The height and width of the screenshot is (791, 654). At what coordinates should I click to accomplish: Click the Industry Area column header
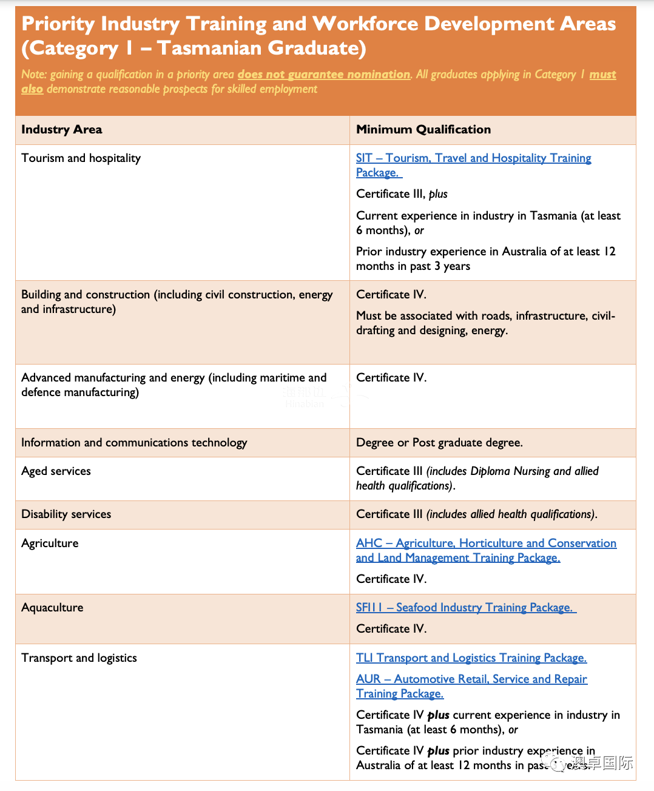click(62, 129)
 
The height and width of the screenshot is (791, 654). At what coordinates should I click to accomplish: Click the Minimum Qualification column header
click(423, 129)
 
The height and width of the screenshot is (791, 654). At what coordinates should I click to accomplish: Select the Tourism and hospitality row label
click(81, 158)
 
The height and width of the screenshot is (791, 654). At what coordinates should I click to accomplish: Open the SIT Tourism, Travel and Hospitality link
click(473, 158)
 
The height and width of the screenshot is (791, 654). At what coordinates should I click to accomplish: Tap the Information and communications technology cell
click(134, 443)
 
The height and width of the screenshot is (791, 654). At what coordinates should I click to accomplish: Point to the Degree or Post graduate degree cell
click(439, 443)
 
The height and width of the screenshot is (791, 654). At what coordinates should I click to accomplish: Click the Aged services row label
click(56, 471)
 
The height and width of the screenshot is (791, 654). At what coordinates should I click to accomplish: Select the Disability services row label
click(66, 514)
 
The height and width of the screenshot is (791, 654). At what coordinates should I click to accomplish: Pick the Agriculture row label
click(50, 544)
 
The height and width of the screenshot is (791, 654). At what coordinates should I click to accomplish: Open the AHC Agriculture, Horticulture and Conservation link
click(486, 544)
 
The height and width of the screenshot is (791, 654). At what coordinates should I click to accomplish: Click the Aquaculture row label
click(52, 608)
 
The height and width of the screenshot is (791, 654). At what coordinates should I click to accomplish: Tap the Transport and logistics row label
click(79, 658)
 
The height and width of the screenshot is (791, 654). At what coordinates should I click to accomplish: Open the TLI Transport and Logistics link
click(471, 658)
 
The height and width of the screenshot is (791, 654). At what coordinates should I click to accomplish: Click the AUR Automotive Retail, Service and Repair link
click(471, 679)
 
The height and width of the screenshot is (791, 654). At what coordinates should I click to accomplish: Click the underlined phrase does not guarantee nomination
click(324, 75)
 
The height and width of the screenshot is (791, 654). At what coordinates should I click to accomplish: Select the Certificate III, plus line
click(402, 194)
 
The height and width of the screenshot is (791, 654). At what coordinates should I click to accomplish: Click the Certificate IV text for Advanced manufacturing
click(391, 378)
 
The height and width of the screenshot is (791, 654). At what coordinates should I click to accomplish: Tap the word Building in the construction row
click(41, 295)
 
